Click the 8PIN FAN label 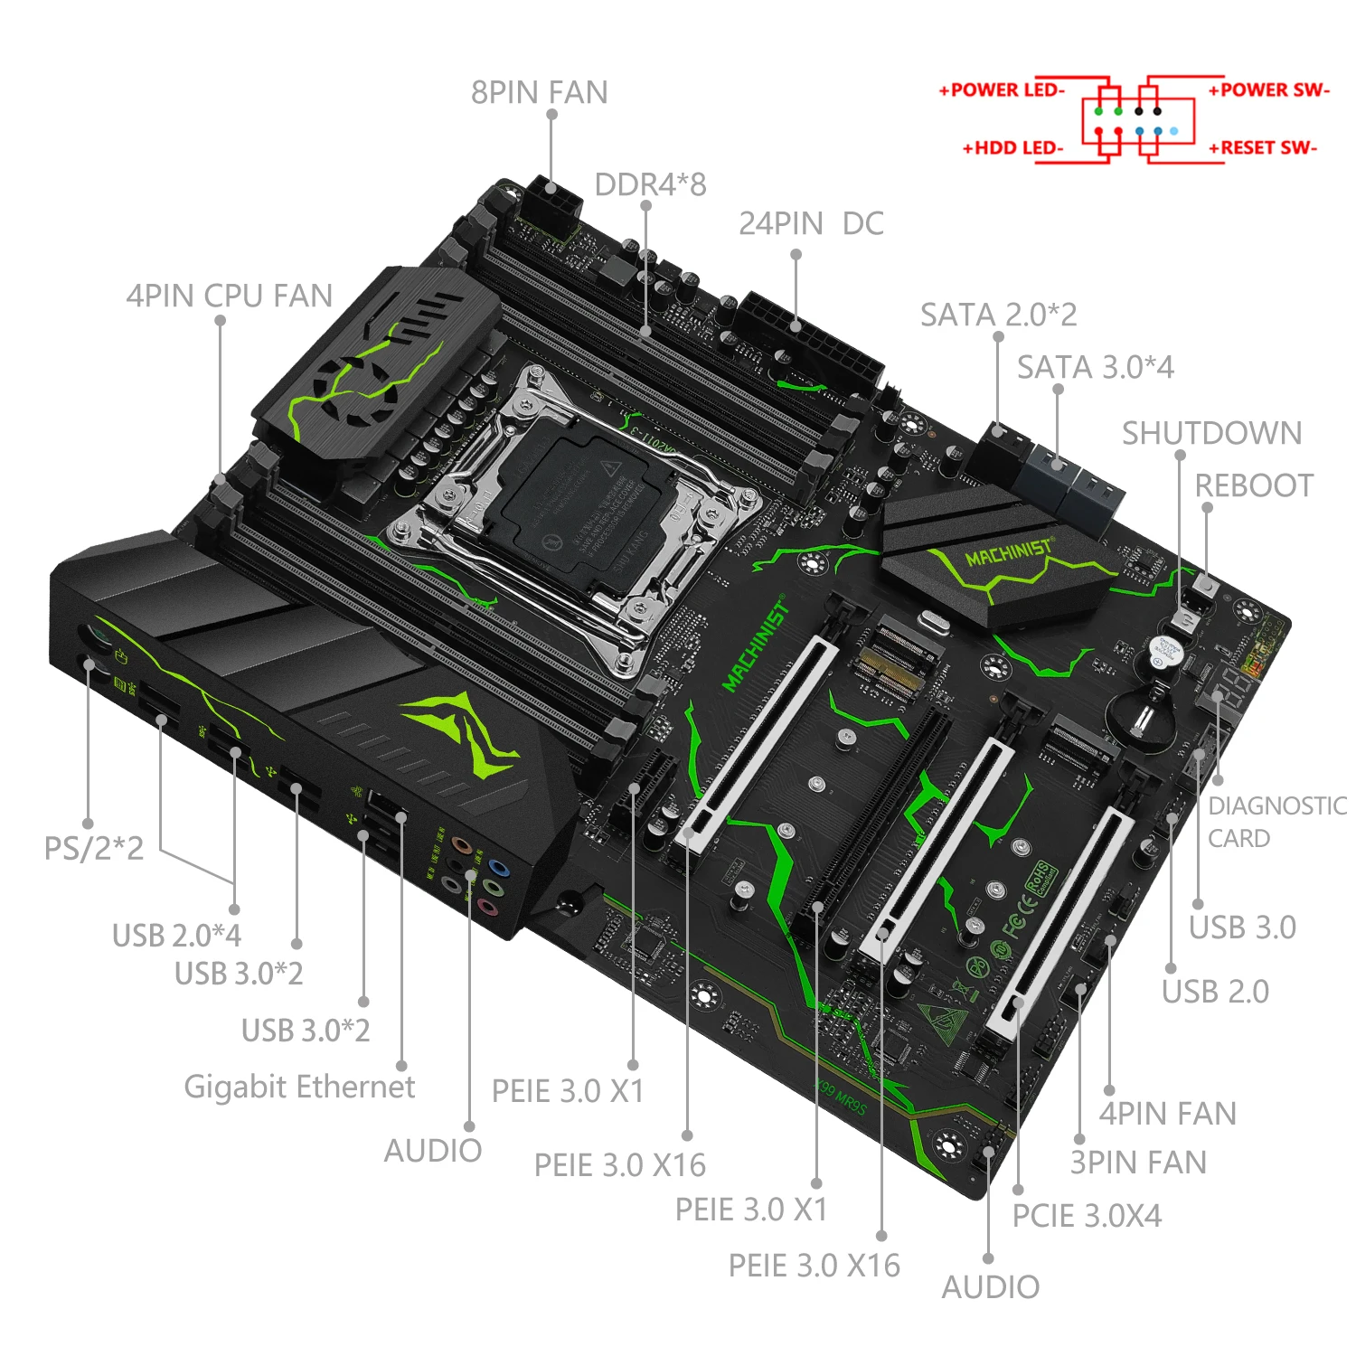coord(539,93)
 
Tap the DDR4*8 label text coord(650,184)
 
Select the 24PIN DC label coord(811,224)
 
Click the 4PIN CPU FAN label coord(229,296)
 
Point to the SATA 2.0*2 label coord(998,315)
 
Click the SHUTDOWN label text coord(1211,433)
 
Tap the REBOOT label coord(1254,485)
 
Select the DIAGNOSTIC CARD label coord(1276,821)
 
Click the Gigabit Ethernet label coord(299,1086)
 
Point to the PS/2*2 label coord(94,848)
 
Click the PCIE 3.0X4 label coord(1086,1216)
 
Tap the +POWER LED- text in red coord(1002,90)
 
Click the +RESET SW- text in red coord(1263,147)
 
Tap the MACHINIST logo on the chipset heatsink coord(1008,552)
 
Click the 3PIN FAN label coord(1138,1163)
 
